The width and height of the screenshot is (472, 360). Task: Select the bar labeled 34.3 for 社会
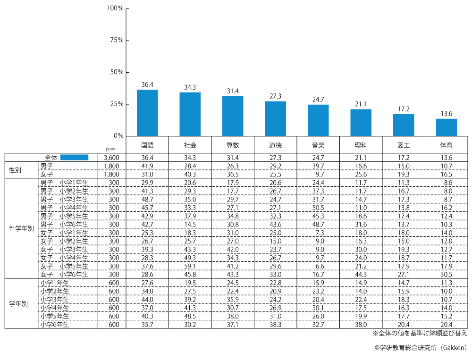(190, 114)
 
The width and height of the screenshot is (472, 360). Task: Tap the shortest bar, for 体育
(446, 127)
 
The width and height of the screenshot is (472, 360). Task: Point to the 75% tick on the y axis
(116, 40)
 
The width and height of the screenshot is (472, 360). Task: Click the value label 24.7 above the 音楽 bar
(318, 100)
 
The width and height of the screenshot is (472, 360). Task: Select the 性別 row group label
(16, 170)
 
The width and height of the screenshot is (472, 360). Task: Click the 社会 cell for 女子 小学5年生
(190, 266)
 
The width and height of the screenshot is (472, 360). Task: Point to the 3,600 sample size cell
(111, 158)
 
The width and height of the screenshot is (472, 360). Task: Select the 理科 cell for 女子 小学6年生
(361, 274)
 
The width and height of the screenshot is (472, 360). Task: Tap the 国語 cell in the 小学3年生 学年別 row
(147, 300)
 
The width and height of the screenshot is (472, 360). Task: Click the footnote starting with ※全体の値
(420, 333)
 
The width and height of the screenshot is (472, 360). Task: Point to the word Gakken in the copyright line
(452, 348)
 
